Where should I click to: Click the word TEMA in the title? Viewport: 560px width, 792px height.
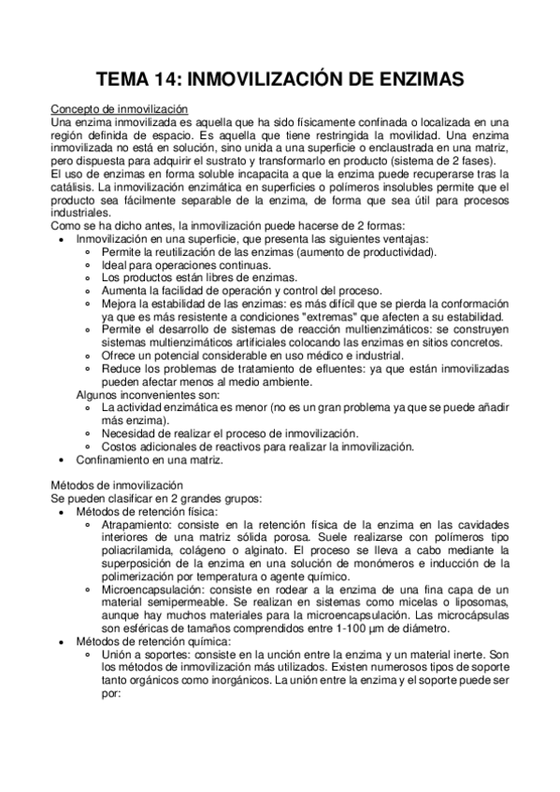[127, 81]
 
